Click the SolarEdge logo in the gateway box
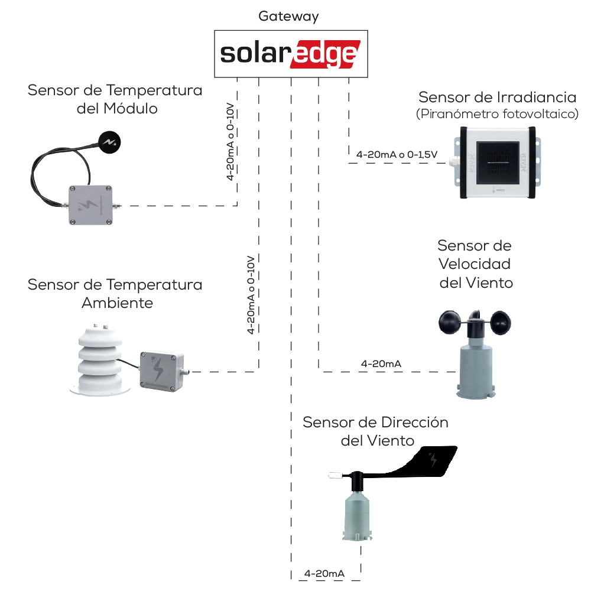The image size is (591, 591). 290,54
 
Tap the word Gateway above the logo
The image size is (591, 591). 288,16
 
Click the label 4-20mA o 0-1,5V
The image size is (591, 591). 397,154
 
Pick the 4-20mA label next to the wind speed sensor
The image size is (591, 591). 381,363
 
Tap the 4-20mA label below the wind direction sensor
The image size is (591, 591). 324,573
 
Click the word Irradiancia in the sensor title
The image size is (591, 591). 537,96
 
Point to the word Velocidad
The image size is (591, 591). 474,264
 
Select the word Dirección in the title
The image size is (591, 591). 411,423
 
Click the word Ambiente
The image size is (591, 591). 117,303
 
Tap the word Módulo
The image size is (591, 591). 131,109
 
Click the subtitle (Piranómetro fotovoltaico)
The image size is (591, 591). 497,114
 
